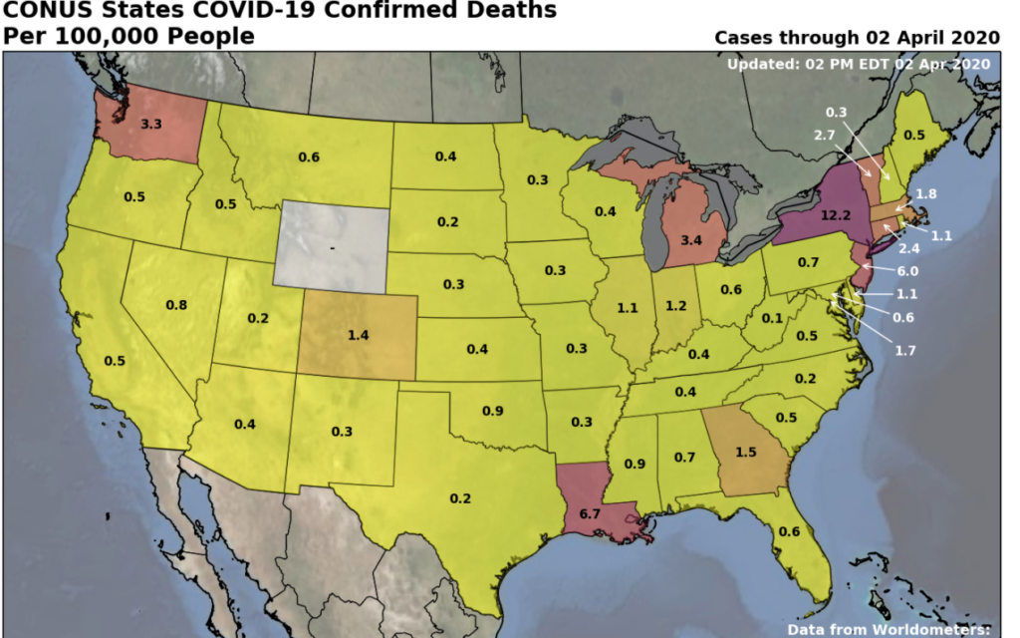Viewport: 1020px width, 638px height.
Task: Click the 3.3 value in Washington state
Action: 151,125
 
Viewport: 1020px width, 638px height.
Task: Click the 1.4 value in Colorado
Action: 358,335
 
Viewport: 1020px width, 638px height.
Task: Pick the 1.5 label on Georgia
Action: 745,452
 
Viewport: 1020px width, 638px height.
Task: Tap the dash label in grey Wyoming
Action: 333,245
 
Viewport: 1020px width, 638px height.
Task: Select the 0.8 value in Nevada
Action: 175,305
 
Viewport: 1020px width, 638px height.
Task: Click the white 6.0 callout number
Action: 906,270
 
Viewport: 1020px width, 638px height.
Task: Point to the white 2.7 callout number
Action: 826,135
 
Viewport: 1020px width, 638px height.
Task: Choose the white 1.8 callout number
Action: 925,193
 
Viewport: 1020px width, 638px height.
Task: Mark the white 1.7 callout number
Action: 904,351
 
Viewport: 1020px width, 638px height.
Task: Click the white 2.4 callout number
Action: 908,248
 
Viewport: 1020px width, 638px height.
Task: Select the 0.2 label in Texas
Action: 460,497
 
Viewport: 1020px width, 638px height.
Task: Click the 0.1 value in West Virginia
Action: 770,318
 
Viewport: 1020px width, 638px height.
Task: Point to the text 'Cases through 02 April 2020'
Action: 857,38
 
